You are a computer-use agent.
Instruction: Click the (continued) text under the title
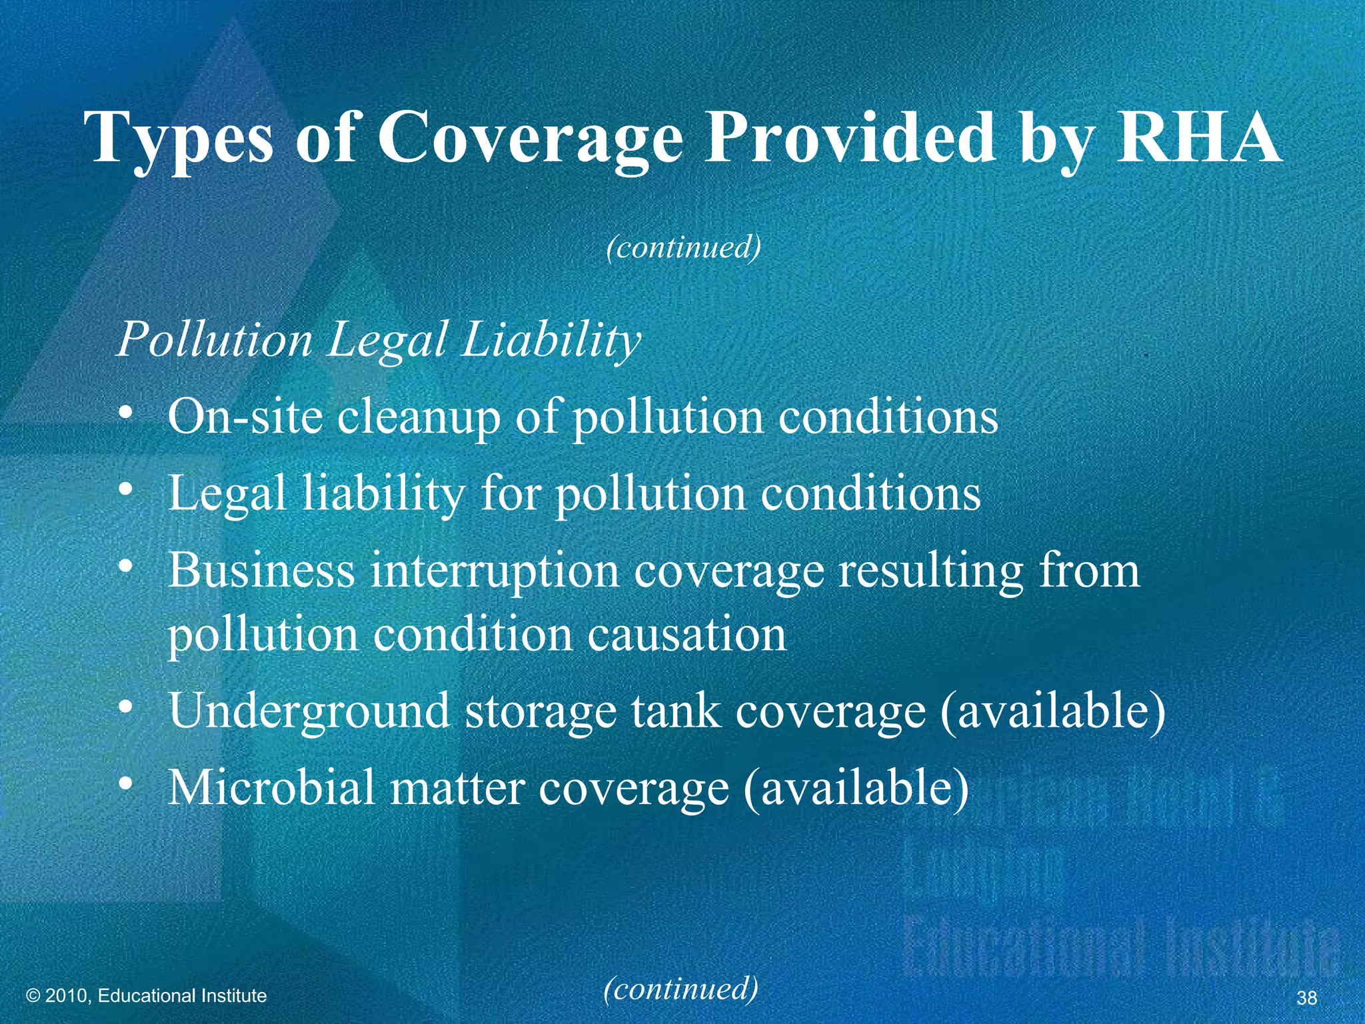(x=683, y=247)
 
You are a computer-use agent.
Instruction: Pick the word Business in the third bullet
(x=261, y=571)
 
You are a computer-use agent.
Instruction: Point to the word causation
(x=686, y=634)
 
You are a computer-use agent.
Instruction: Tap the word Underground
(x=309, y=712)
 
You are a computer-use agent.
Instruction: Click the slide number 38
(x=1306, y=997)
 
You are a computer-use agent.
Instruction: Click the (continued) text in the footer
(x=681, y=988)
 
